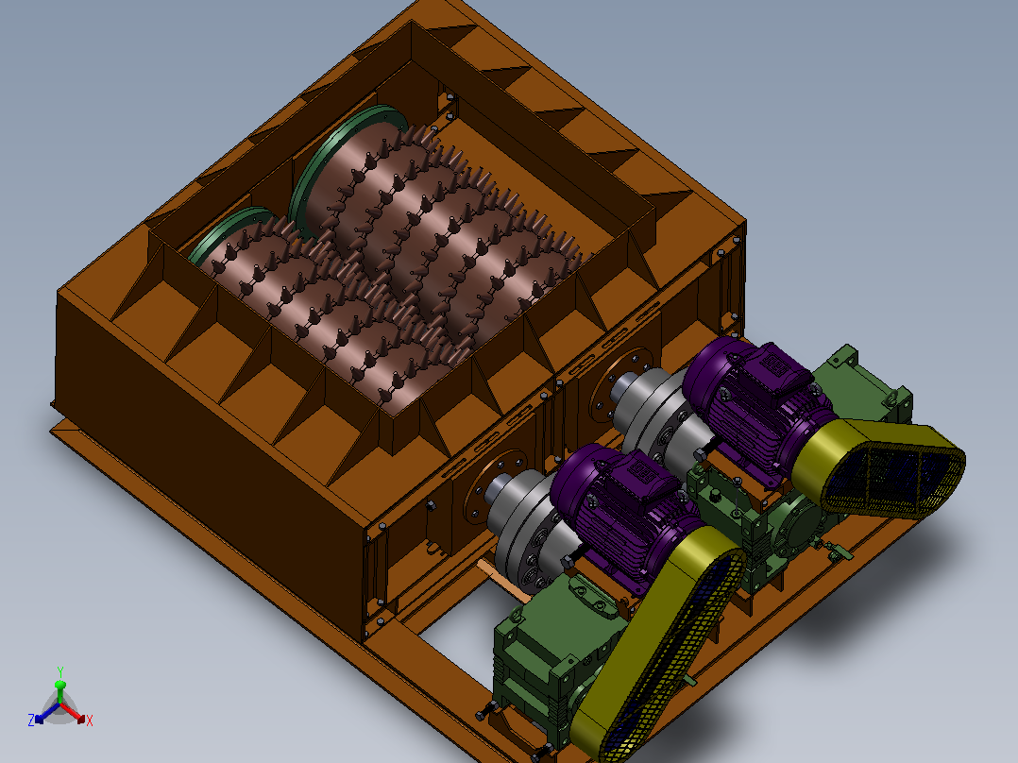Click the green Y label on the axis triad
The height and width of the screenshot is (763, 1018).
[x=59, y=671]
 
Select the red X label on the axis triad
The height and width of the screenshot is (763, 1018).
[x=90, y=721]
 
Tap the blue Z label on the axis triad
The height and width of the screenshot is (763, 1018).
[x=30, y=720]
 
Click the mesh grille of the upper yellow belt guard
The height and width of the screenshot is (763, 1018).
[x=892, y=473]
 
